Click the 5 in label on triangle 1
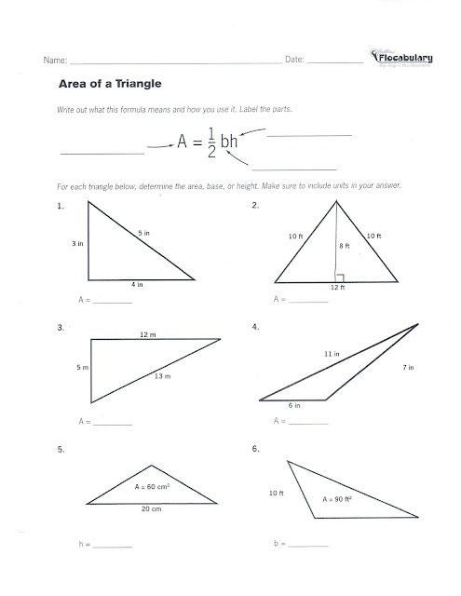coord(143,232)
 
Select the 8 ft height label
coord(344,246)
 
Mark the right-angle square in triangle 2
coord(340,277)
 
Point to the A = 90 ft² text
coord(340,500)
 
